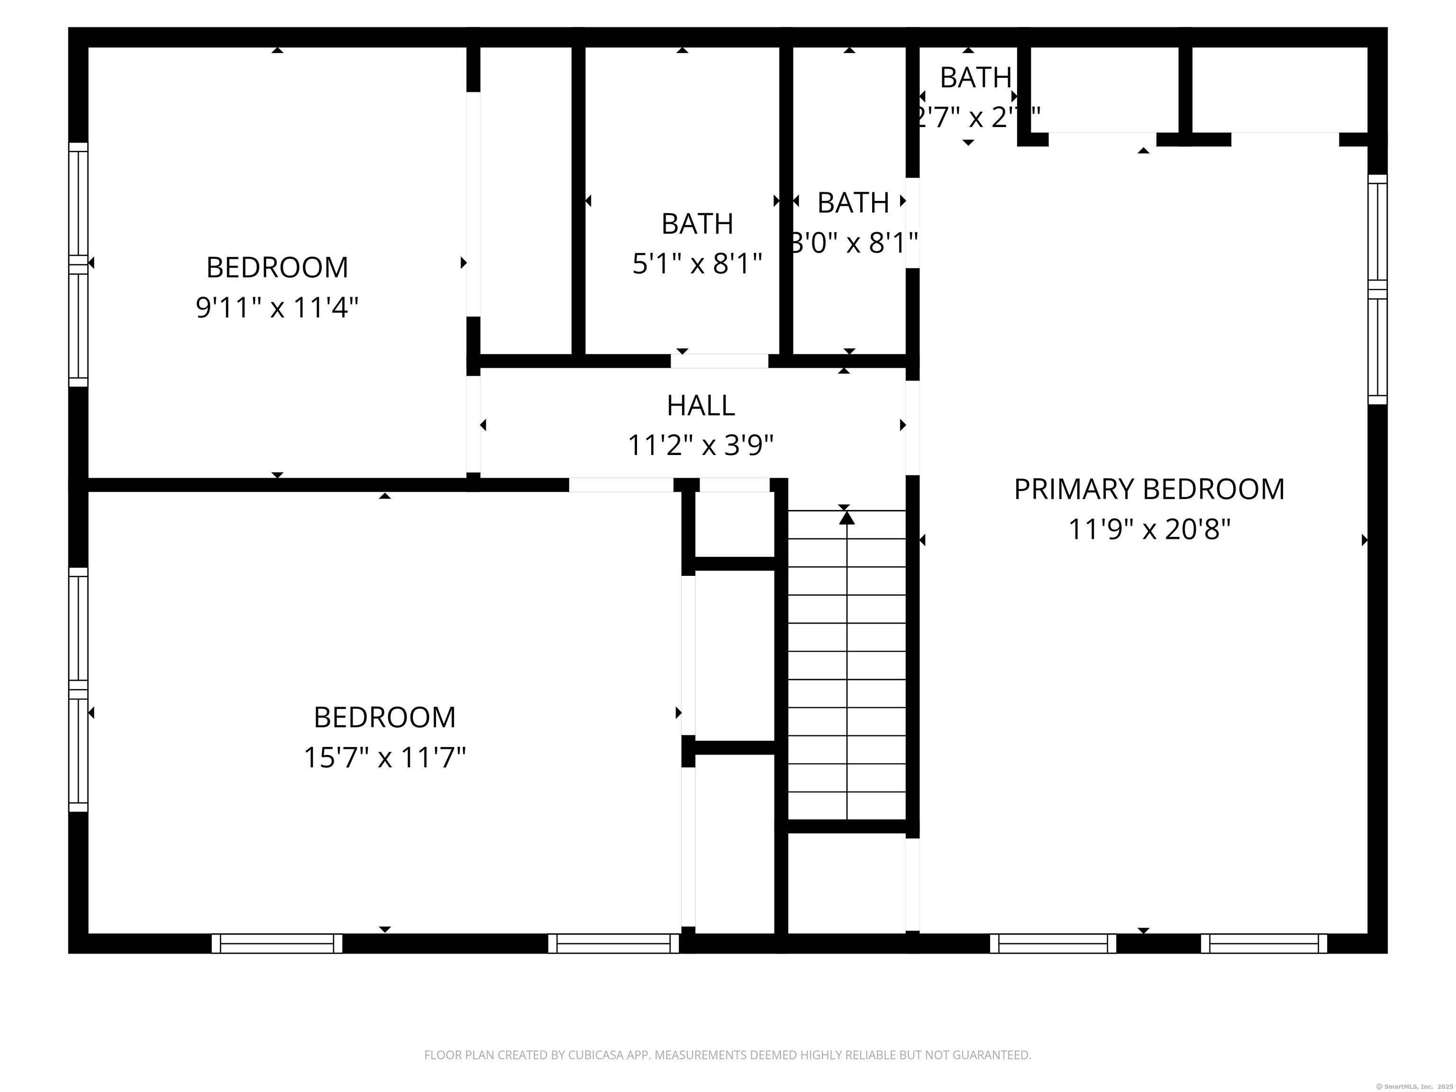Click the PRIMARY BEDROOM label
pyautogui.click(x=1148, y=489)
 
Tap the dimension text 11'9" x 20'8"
pyautogui.click(x=1148, y=529)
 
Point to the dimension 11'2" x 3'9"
pyautogui.click(x=701, y=446)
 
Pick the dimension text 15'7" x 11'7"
pyautogui.click(x=384, y=757)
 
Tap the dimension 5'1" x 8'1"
pyautogui.click(x=697, y=264)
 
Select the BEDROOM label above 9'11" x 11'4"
pyautogui.click(x=277, y=267)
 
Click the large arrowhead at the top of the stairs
pyautogui.click(x=846, y=518)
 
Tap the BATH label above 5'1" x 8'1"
pyautogui.click(x=697, y=224)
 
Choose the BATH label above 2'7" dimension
pyautogui.click(x=975, y=78)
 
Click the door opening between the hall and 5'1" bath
pyautogui.click(x=719, y=361)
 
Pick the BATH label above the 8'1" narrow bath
pyautogui.click(x=853, y=203)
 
